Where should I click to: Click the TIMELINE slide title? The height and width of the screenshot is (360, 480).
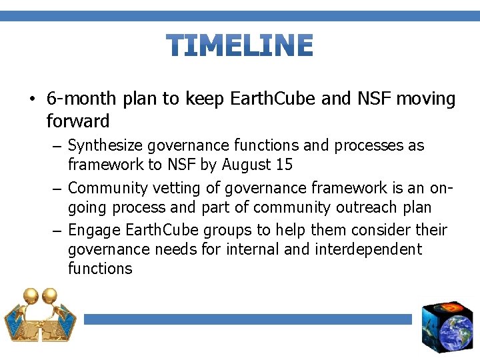tap(239, 45)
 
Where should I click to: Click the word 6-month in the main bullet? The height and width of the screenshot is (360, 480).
tap(81, 98)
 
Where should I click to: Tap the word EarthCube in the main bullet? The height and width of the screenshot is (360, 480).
tap(272, 98)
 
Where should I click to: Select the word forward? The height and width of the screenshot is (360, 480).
tap(78, 121)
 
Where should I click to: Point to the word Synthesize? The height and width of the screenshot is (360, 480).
tap(105, 145)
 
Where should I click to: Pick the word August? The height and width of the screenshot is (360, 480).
tap(246, 165)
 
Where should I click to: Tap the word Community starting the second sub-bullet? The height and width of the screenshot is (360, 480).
tap(108, 188)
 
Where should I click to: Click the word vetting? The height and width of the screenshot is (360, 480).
tap(176, 188)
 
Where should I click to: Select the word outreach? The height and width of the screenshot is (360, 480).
tap(366, 207)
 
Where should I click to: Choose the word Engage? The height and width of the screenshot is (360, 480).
tap(94, 230)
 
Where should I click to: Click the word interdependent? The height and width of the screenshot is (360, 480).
tap(369, 249)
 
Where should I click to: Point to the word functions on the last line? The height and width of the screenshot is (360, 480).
tap(100, 268)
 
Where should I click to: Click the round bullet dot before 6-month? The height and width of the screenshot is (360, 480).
tap(32, 99)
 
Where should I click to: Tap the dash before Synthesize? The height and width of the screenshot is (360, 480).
tap(57, 147)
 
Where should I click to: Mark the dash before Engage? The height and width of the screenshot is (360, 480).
tap(57, 231)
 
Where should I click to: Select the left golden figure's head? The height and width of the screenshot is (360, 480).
tap(31, 295)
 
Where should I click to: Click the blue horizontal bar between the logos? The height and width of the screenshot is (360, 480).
tap(247, 319)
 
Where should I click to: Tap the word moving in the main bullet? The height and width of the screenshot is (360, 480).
tap(425, 99)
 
